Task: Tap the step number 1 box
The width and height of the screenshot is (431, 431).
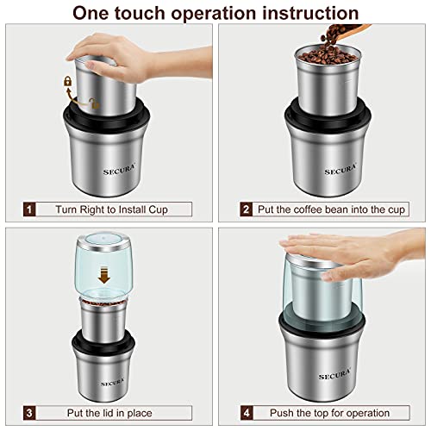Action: [29, 209]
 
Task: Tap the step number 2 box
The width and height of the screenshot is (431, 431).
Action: [247, 209]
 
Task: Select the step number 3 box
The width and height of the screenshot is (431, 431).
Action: [29, 412]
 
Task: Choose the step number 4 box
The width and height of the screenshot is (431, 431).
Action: [247, 412]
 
